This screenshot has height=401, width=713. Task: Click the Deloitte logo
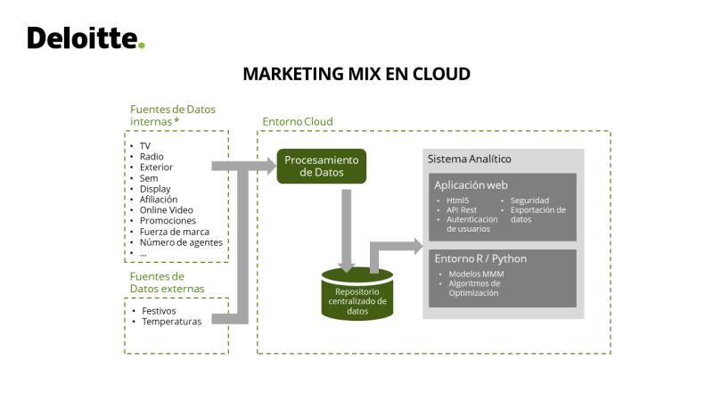coord(86,37)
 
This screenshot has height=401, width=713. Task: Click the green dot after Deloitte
coord(142,45)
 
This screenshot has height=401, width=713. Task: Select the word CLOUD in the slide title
coord(441,74)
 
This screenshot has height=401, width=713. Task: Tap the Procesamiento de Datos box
coord(322,167)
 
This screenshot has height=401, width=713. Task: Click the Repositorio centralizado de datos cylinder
coord(357,294)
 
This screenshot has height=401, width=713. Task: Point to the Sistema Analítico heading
coord(470,160)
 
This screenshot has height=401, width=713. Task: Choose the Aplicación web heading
coord(471,185)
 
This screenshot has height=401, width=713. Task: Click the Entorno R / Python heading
coord(480,258)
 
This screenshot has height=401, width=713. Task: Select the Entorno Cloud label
coord(298,121)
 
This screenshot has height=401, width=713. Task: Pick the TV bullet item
coord(145,146)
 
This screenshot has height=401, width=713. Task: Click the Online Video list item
coord(167,210)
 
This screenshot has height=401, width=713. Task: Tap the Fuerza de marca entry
coord(175,232)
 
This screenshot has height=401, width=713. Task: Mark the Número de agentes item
coord(181,242)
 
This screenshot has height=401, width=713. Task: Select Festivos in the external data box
coord(159,311)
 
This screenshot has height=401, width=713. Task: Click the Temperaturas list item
coord(172,322)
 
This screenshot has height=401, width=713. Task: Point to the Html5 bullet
coord(457,200)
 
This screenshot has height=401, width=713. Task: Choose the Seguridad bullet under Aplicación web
coord(529,200)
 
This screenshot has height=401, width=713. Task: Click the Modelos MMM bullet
coord(476,274)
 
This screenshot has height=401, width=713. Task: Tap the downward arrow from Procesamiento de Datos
coord(347,231)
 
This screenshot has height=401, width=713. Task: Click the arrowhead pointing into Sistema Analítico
coord(418,247)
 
